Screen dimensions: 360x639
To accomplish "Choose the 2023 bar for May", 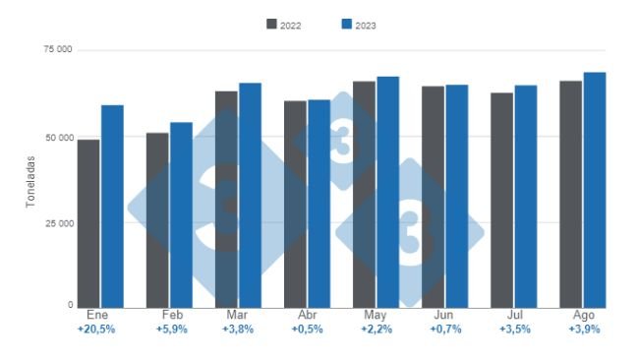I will tap(387, 192).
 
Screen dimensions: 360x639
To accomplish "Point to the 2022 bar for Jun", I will tap(433, 197).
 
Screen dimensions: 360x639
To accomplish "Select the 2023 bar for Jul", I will tap(525, 197).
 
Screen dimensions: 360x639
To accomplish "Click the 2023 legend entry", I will tap(358, 25).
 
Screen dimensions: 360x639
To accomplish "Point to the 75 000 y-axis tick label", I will tap(56, 48).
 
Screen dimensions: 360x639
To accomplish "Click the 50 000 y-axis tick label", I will tap(56, 137).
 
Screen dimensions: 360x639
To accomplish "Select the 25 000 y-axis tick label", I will tap(56, 223).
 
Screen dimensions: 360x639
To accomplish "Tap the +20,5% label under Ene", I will tap(96, 330).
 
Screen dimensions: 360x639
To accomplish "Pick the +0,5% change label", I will tap(304, 330).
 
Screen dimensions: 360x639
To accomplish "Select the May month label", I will tap(374, 316).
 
